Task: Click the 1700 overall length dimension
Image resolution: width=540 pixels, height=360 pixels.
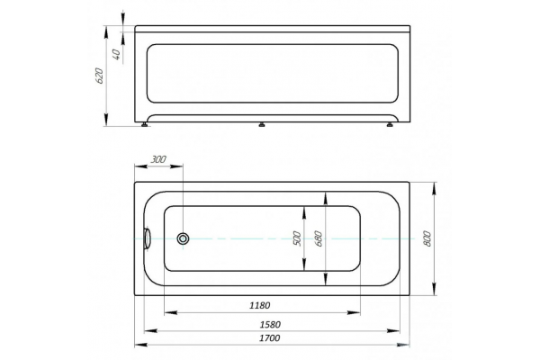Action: [269, 338]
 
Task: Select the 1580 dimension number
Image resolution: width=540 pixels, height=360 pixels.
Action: [270, 325]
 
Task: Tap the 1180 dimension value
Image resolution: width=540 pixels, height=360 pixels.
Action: [260, 305]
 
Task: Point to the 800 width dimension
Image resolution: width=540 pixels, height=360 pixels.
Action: [427, 238]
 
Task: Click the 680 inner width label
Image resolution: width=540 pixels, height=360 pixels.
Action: [319, 238]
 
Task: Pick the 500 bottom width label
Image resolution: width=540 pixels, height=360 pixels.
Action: [297, 238]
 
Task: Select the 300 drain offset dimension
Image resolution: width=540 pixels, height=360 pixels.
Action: [158, 159]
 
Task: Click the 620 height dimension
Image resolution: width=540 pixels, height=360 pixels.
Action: [99, 76]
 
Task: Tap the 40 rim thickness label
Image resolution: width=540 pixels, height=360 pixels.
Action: [117, 55]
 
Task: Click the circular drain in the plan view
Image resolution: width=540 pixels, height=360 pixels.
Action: [183, 238]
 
